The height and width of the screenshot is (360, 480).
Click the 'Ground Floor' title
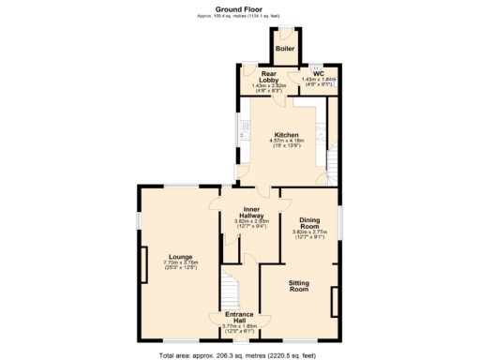tap(239, 7)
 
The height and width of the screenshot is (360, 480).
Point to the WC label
tap(319, 72)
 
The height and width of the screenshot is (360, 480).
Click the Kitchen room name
tap(286, 134)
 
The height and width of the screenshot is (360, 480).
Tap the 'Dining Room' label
tap(310, 222)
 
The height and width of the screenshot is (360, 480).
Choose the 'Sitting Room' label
tap(298, 286)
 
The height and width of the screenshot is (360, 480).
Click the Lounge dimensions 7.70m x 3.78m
tap(181, 265)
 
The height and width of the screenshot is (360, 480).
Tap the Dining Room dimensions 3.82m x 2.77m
tap(310, 234)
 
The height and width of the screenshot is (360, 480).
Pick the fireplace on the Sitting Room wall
tap(334, 304)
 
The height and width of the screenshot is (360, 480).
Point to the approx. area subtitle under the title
tap(239, 16)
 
